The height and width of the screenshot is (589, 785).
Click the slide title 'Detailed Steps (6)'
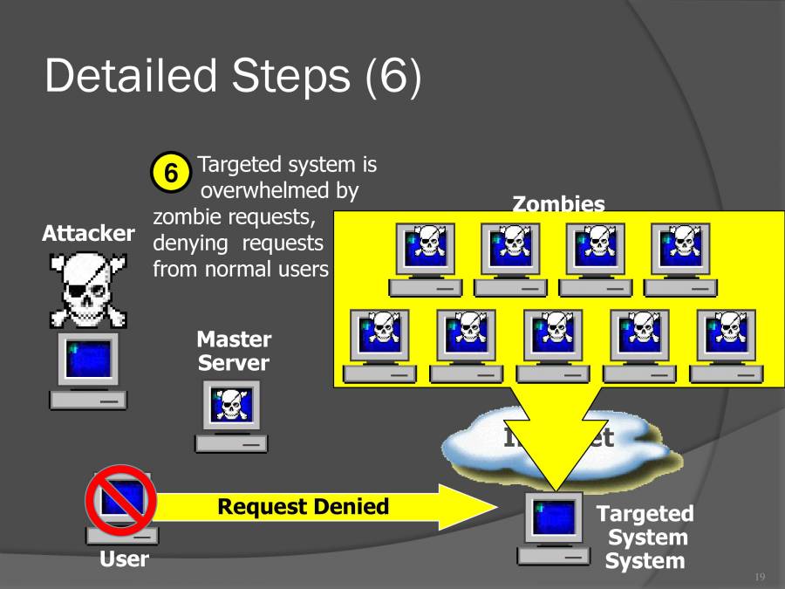coord(232,77)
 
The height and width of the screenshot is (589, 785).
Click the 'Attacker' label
coord(88,234)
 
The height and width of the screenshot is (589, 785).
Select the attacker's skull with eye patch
coord(87,287)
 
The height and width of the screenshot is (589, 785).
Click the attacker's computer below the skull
coord(87,372)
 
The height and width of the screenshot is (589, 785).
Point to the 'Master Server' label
coord(233,351)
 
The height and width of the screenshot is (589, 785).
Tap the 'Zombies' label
coord(557,204)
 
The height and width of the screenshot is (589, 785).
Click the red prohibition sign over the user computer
coord(120,498)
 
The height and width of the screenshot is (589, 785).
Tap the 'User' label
coord(124,559)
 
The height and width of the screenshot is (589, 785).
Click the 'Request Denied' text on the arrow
coord(303,507)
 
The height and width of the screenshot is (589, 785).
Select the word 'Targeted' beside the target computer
coord(645,514)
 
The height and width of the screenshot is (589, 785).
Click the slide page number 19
coord(759,578)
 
